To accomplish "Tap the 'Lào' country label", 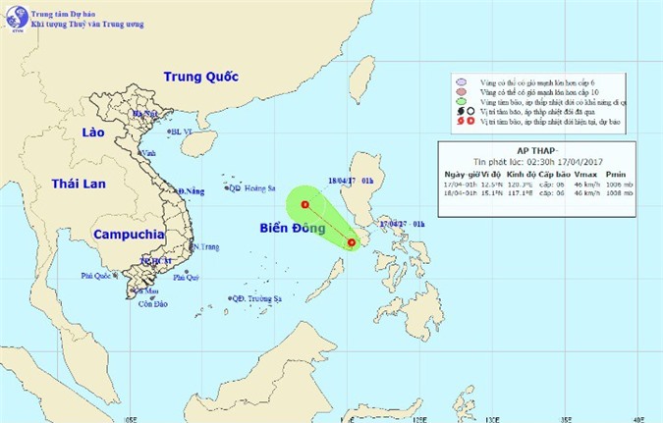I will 93,132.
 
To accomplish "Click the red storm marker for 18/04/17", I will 305,205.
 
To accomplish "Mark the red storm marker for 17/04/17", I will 352,241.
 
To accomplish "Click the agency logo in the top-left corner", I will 16,18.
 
